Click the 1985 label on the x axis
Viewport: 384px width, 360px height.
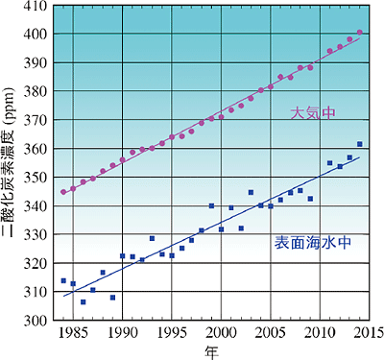(73, 333)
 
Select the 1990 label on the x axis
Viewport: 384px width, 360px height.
(122, 333)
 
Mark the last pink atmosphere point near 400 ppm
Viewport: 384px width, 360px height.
(359, 33)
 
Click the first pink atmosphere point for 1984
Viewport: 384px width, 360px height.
(63, 192)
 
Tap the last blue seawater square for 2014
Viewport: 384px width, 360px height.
(359, 144)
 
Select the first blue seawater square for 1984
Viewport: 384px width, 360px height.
(63, 280)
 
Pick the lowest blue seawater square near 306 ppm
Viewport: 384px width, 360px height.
(83, 301)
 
